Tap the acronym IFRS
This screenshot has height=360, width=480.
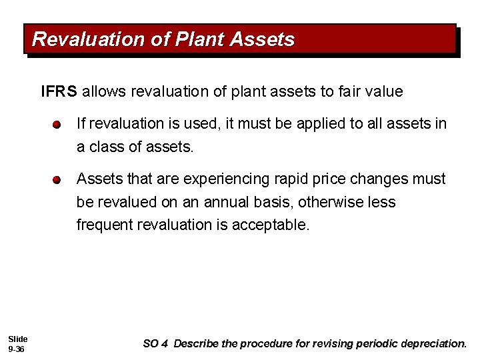[x=59, y=91]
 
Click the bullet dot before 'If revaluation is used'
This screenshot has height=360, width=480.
[x=58, y=125]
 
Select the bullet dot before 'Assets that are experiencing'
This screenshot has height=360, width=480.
[x=58, y=180]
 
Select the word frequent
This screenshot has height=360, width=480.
[x=105, y=225]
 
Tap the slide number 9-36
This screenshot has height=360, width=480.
[x=16, y=349]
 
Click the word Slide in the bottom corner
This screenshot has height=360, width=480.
[x=17, y=339]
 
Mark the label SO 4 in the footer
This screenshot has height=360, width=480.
[x=155, y=344]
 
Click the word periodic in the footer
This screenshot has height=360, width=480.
[x=376, y=344]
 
